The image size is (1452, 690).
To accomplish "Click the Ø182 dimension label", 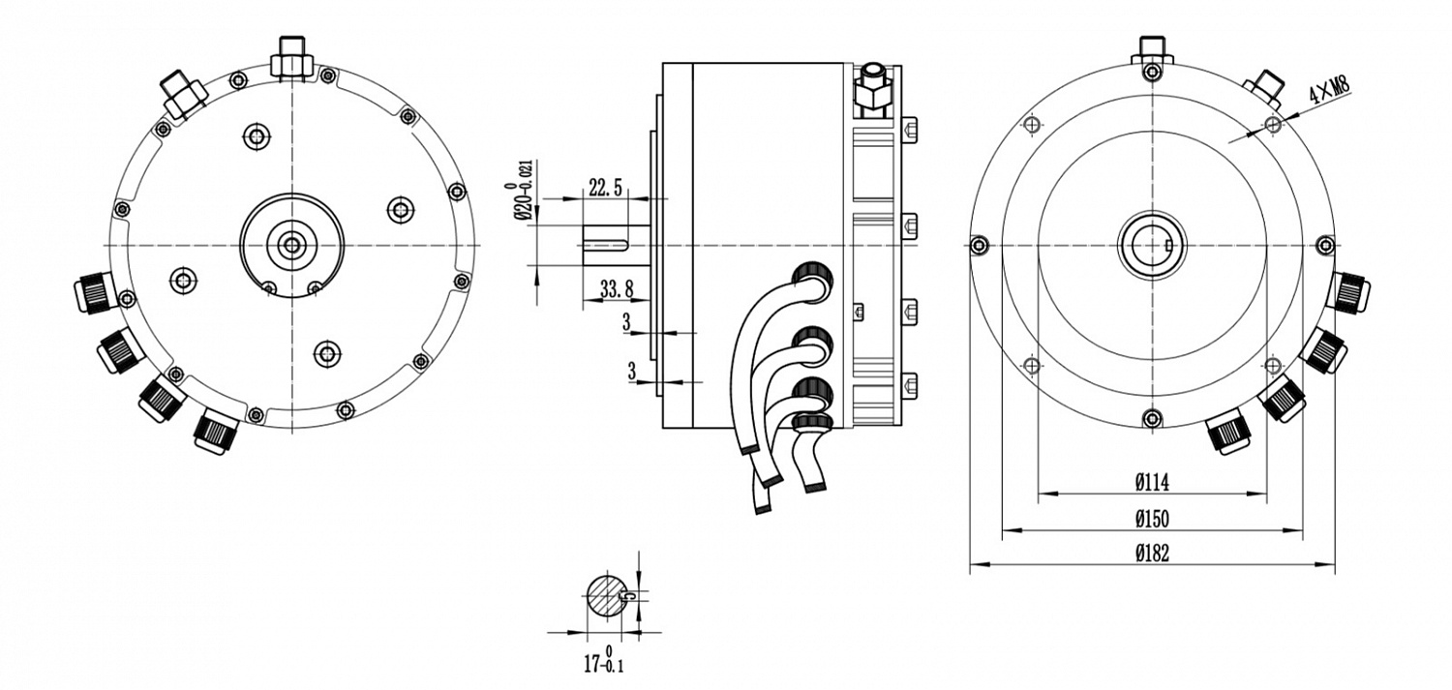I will [1151, 555].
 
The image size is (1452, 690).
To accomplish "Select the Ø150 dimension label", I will [1151, 519].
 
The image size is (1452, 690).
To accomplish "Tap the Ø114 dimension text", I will [1151, 482].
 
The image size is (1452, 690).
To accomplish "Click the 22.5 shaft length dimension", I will [605, 188].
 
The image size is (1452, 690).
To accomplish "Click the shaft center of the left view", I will [289, 245].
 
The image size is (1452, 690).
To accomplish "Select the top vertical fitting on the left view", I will [289, 58].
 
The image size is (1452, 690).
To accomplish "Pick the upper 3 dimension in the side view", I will [630, 321].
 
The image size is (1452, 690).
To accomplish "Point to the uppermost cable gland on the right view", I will [1349, 290].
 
